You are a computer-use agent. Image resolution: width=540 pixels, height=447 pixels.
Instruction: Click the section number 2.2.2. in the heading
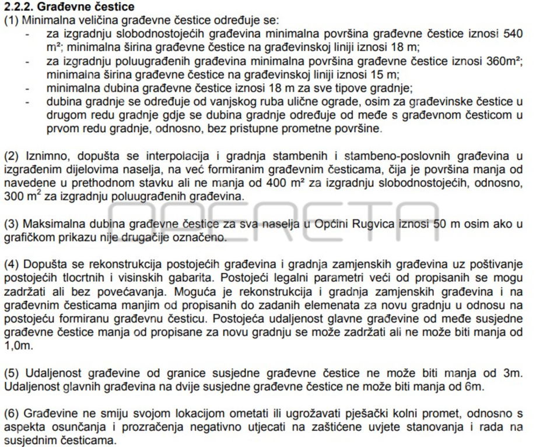[x=19, y=8]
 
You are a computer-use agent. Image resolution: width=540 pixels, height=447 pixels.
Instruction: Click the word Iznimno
[x=43, y=155]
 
